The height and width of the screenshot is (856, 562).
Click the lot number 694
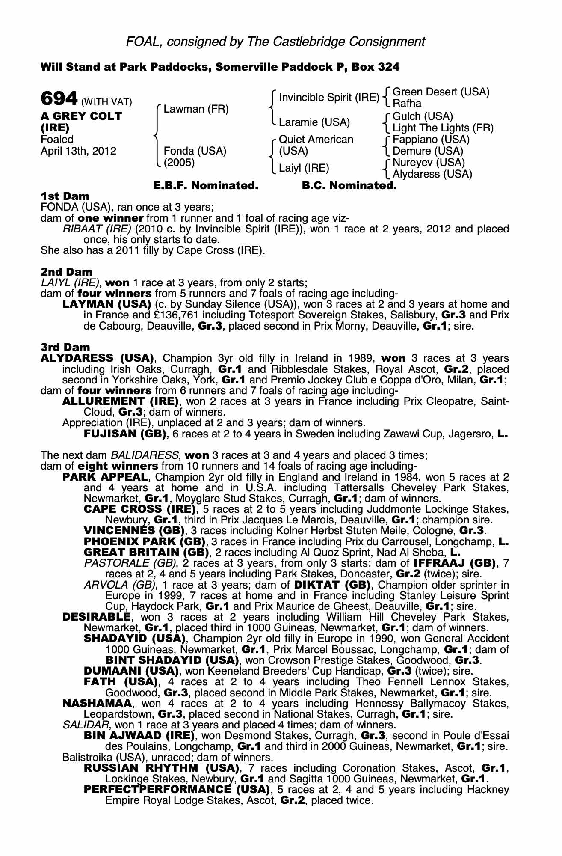pyautogui.click(x=59, y=99)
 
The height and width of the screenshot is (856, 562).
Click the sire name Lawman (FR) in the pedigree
pyautogui.click(x=196, y=109)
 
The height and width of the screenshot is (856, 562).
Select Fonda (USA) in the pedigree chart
pyautogui.click(x=195, y=151)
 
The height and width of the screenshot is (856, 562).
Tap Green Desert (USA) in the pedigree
pyautogui.click(x=441, y=92)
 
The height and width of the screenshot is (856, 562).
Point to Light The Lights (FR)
pyautogui.click(x=443, y=128)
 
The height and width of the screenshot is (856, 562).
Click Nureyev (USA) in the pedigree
pyautogui.click(x=429, y=163)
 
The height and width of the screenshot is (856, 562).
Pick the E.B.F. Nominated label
pyautogui.click(x=206, y=186)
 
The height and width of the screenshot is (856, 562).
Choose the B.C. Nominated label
pyautogui.click(x=349, y=186)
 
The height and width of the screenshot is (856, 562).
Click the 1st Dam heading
pyautogui.click(x=65, y=196)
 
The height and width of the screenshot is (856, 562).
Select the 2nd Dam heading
pyautogui.click(x=66, y=272)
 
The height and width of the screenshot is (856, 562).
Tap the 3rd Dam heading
pyautogui.click(x=65, y=347)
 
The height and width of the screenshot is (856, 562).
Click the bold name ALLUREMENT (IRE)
pyautogui.click(x=120, y=401)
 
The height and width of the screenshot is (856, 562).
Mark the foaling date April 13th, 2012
pyautogui.click(x=78, y=151)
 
